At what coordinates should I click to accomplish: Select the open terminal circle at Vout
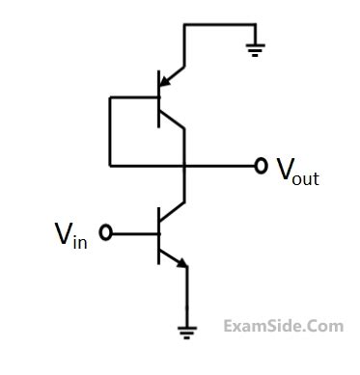pyautogui.click(x=260, y=166)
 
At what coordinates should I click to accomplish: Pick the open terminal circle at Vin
pyautogui.click(x=106, y=232)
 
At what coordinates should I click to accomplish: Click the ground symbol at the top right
pyautogui.click(x=255, y=48)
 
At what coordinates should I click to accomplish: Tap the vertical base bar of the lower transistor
pyautogui.click(x=158, y=232)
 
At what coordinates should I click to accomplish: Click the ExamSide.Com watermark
pyautogui.click(x=282, y=326)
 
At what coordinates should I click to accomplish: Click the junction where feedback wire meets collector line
pyautogui.click(x=183, y=166)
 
